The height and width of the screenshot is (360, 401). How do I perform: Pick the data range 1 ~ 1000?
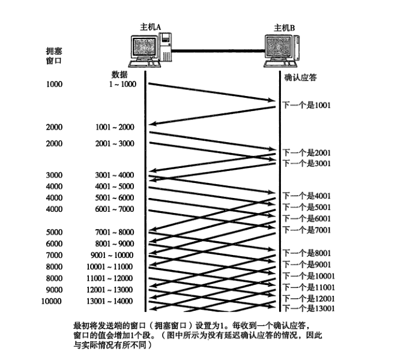click(122, 84)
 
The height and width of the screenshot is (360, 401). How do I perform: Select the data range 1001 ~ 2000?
click(115, 127)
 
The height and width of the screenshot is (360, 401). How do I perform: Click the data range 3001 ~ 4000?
click(115, 175)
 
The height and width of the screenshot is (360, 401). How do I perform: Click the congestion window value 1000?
click(54, 84)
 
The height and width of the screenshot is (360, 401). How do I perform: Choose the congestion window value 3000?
click(54, 175)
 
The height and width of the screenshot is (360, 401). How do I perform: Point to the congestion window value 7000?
click(54, 255)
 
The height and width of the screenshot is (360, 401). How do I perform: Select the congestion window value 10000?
click(52, 301)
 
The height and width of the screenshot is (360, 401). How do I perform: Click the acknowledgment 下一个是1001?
click(306, 104)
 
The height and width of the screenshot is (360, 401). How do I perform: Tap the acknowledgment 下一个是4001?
click(306, 196)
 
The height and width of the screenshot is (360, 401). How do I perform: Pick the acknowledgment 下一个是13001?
click(308, 308)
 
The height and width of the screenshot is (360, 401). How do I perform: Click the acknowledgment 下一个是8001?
click(306, 253)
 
